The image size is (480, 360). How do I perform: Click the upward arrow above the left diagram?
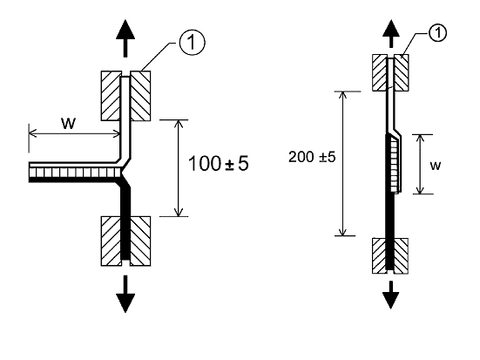[125, 38]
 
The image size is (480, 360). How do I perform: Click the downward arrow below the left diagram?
[125, 294]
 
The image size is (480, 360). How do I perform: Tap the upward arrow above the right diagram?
[391, 34]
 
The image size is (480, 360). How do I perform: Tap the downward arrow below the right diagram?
[391, 295]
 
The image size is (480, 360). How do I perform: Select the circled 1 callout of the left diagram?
[192, 43]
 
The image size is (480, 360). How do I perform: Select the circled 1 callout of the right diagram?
[437, 32]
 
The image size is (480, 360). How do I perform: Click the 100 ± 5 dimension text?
[219, 163]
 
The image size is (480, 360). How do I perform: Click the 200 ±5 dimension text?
[312, 157]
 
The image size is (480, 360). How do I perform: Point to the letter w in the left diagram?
[68, 123]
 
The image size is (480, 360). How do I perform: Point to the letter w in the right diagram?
[436, 166]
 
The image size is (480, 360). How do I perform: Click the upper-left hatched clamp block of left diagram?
[111, 96]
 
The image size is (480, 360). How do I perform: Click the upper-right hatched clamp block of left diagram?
[140, 96]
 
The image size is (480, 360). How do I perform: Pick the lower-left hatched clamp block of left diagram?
[111, 241]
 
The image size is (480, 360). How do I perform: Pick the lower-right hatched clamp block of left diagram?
[140, 241]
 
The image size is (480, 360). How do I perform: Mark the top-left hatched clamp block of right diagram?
[380, 72]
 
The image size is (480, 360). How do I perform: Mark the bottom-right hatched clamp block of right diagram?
[401, 255]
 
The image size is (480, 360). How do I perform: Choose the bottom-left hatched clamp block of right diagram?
[379, 255]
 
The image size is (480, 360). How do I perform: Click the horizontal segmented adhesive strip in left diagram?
[76, 173]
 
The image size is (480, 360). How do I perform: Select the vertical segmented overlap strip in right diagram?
[394, 165]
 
